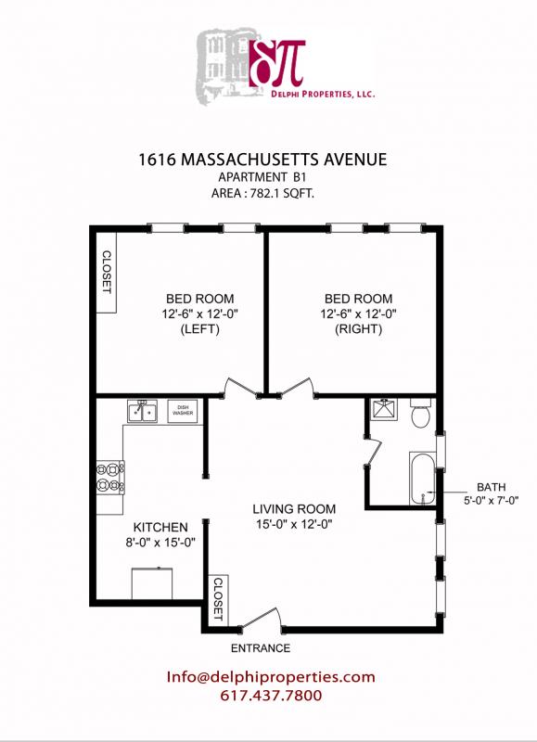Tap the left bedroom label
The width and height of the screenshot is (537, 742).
pyautogui.click(x=199, y=313)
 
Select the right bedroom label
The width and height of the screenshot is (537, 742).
pyautogui.click(x=358, y=313)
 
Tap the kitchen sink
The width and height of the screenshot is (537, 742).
pyautogui.click(x=142, y=410)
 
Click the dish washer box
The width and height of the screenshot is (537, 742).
pyautogui.click(x=182, y=410)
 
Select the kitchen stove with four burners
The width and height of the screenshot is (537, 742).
pyautogui.click(x=109, y=477)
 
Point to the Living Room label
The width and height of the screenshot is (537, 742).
pyautogui.click(x=294, y=517)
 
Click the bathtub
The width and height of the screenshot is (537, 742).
pyautogui.click(x=423, y=478)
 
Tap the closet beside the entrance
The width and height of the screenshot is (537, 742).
pyautogui.click(x=217, y=598)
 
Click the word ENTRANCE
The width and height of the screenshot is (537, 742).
pyautogui.click(x=260, y=648)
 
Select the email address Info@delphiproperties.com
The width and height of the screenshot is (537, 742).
pyautogui.click(x=271, y=676)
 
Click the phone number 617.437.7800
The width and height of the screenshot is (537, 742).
pyautogui.click(x=271, y=696)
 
